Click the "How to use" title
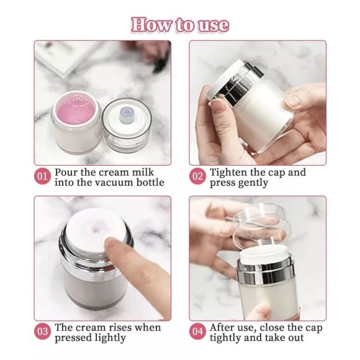tap(180, 25)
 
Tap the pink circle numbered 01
tap(42, 177)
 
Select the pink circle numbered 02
tap(197, 177)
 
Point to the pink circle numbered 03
tap(42, 332)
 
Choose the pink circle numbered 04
tap(197, 332)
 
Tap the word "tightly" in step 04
tap(225, 338)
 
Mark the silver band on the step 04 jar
tap(266, 271)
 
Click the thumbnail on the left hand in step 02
tap(218, 106)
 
